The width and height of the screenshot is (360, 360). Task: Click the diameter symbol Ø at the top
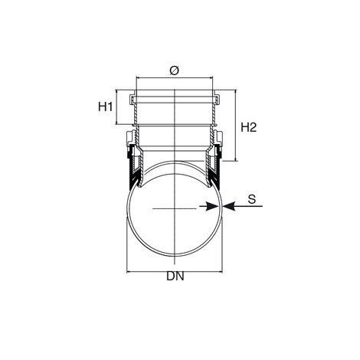pos(175,70)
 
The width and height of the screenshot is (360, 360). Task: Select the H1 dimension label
pos(105,106)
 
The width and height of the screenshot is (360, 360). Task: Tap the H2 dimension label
pos(248,127)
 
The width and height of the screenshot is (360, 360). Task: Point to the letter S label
pos(252,199)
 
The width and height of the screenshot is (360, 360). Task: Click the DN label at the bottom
pos(175,276)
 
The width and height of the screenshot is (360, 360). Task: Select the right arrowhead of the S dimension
pos(229,206)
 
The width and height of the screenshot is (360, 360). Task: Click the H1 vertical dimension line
pos(116,107)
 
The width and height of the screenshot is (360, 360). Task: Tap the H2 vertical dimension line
pos(235,126)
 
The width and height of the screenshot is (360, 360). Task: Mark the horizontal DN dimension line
pos(175,272)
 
